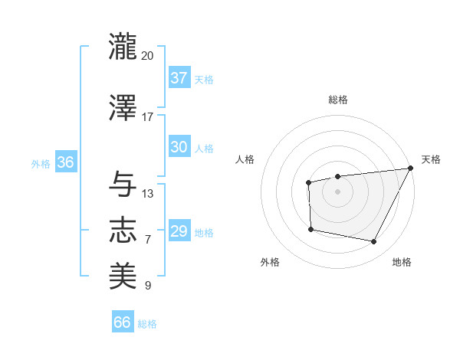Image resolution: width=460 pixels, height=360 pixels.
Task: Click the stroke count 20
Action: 148,56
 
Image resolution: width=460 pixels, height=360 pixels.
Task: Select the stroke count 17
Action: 148,117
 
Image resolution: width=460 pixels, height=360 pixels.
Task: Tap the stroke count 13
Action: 148,194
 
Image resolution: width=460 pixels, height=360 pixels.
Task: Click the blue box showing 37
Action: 179,77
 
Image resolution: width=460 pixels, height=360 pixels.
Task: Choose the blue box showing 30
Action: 179,147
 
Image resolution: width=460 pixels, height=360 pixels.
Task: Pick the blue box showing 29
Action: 179,231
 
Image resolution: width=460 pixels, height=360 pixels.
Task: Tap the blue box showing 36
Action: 65,162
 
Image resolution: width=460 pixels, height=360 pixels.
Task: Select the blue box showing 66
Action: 123,322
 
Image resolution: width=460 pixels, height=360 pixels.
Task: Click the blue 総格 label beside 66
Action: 147,324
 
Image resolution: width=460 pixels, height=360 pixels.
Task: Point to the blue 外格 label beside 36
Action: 41,164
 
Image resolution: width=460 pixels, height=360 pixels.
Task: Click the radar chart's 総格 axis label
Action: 337,100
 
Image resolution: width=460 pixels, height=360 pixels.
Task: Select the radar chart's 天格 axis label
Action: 431,159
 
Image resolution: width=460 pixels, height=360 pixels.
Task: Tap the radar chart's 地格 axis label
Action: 402,263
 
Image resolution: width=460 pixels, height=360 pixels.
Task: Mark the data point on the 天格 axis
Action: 411,168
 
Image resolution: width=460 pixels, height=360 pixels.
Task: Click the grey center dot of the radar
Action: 337,191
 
